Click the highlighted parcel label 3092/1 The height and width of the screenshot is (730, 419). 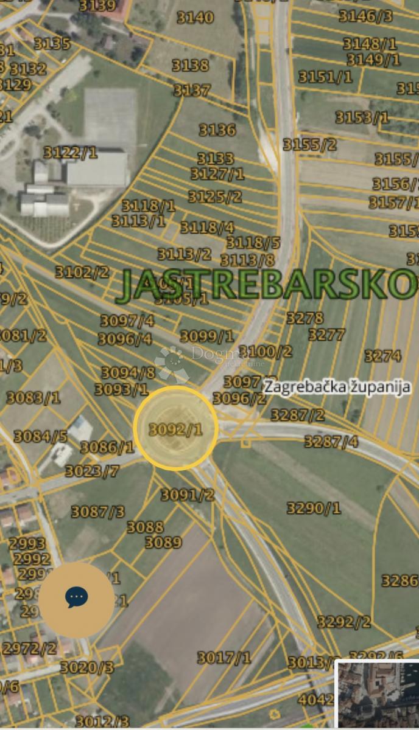pos(175,429)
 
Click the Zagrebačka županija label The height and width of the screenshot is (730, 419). pos(337,387)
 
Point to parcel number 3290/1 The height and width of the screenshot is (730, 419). pos(314,508)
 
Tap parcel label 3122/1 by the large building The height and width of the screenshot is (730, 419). pos(70,152)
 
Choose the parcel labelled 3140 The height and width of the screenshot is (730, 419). pos(195,18)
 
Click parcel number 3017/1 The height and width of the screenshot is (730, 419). pos(224,658)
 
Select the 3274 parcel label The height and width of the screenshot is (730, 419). pos(382,355)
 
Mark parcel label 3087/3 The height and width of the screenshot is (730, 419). pos(97,512)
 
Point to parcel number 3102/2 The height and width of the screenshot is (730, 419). pos(82,272)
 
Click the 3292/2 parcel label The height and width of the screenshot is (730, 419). pos(343,622)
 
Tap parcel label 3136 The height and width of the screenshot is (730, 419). pos(217,130)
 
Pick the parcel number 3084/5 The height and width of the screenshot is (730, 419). pos(41,436)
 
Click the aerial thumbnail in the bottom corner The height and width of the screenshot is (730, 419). pos(377,693)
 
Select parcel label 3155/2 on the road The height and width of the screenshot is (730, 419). pos(309,145)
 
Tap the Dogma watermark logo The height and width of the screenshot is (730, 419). pos(174,363)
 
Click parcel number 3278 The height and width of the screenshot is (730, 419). pos(305,318)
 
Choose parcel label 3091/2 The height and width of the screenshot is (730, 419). pos(188,495)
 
